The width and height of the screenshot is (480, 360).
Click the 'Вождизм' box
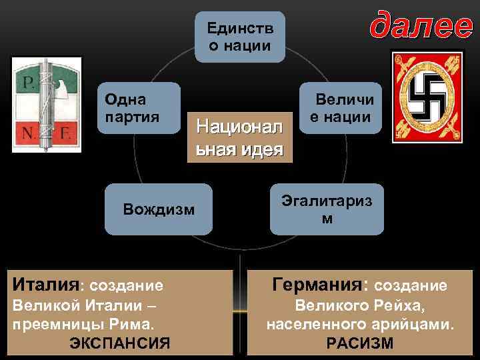pos(159,210)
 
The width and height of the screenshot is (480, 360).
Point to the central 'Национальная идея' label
pos(239,137)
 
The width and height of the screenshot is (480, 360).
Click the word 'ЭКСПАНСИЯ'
pos(120,344)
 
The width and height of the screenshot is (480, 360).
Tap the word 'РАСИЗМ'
pos(360,344)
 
